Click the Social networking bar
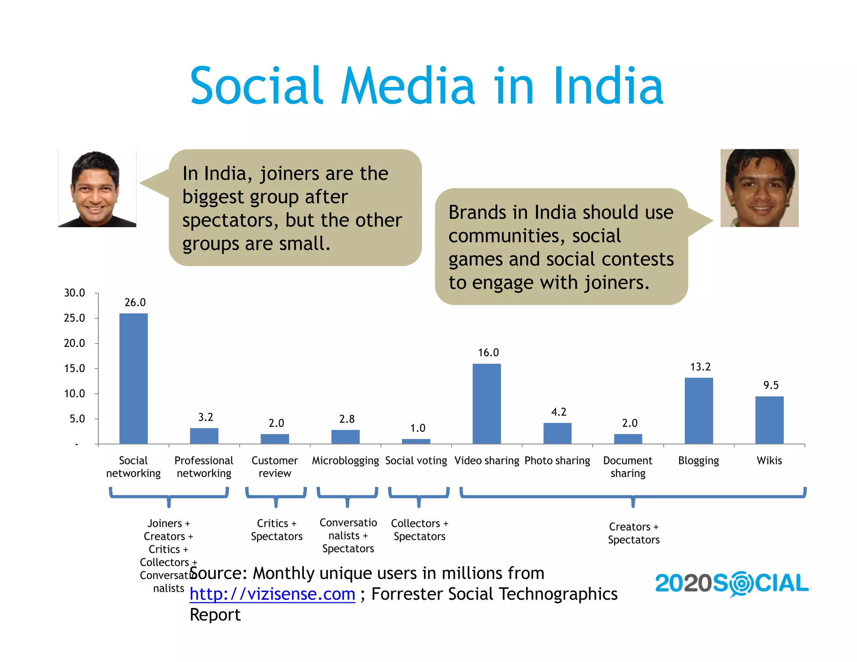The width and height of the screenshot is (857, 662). pos(133,378)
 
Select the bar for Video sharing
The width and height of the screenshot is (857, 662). pos(487,403)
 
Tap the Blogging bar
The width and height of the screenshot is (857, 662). pos(698,411)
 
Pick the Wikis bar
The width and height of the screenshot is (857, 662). pos(769,420)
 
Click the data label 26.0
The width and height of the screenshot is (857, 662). pos(135,303)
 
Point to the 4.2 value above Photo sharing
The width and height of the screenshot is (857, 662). pos(559,412)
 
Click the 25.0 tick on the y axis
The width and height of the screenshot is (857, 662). pos(74,318)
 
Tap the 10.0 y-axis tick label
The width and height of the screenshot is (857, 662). pos(74,394)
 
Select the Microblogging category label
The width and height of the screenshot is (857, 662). pos(345,461)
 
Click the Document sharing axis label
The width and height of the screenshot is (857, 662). pos(628,467)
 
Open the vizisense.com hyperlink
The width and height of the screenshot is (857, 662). pos(272,594)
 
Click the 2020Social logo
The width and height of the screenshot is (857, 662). pos(732,583)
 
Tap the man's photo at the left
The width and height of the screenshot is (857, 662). pos(97,188)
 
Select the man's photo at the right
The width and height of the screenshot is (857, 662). pos(759,188)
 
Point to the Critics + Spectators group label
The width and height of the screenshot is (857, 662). pos(277,530)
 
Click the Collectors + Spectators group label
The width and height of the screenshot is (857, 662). pos(419,530)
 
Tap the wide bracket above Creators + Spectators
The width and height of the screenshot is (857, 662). pos(633,496)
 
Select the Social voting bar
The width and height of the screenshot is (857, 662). pos(416,441)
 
